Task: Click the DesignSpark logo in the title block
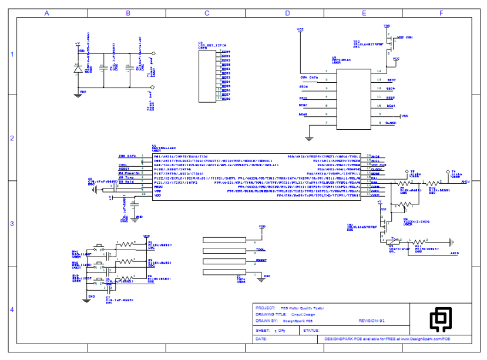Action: [x=440, y=319]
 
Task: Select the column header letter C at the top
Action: [x=207, y=13]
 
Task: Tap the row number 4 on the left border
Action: [x=11, y=309]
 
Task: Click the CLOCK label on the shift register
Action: [x=391, y=123]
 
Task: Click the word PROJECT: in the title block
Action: [x=266, y=308]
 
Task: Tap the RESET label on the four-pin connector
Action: [x=261, y=259]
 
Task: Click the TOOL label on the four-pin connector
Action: [x=261, y=250]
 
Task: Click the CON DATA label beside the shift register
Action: [x=309, y=77]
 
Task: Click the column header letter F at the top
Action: [x=441, y=13]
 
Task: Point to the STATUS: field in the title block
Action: [x=311, y=331]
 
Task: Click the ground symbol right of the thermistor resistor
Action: [x=451, y=241]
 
